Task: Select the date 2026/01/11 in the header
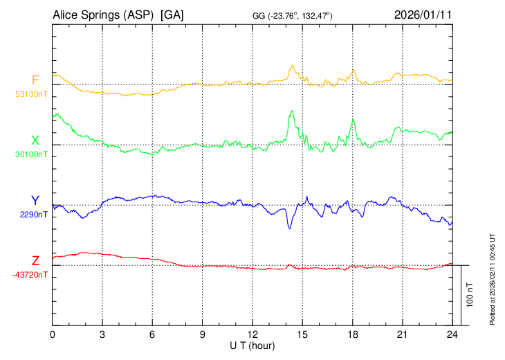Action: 423,14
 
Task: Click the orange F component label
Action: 35,80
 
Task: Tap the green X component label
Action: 35,141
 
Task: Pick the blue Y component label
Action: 35,201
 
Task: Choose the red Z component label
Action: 35,261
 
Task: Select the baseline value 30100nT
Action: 32,154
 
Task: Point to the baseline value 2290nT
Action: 34,215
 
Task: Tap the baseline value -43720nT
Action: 30,275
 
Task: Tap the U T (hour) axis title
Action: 252,345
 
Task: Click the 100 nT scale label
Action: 470,295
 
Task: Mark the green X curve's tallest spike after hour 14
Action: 292,110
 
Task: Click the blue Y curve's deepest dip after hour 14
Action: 290,228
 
